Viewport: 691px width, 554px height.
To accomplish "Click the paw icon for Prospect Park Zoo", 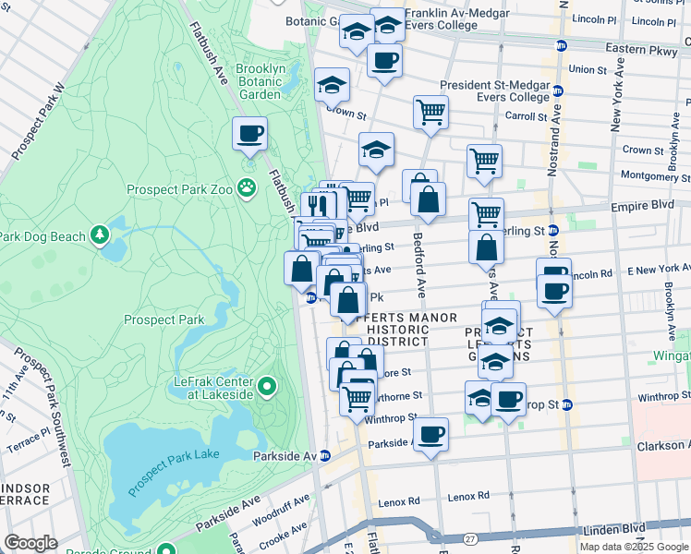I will pos(247,188).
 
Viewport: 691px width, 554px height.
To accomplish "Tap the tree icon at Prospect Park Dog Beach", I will pos(100,235).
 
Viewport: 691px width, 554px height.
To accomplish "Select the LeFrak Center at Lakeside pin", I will pos(267,386).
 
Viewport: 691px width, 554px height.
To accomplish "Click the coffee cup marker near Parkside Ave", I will pos(430,434).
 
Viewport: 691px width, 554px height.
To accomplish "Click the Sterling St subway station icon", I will pos(553,230).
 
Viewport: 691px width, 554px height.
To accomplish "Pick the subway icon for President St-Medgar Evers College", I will pos(557,91).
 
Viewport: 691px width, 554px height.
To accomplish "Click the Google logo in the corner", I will pos(30,543).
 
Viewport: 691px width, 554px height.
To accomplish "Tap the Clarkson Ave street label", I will pos(663,446).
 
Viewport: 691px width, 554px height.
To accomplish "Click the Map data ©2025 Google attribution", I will pos(634,547).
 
